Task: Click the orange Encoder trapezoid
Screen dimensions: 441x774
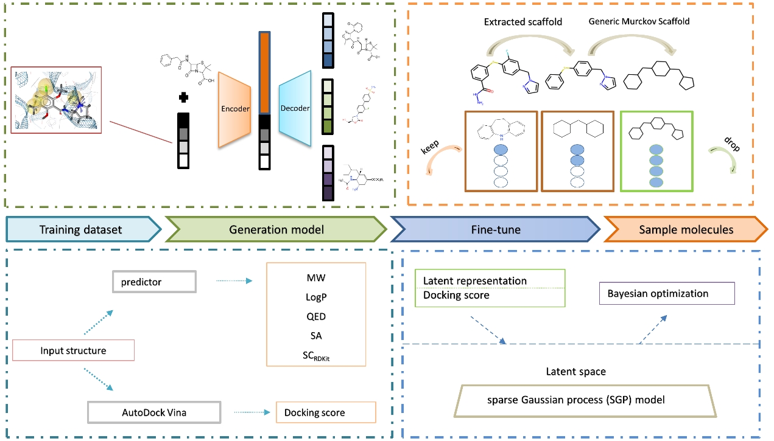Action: [x=234, y=109]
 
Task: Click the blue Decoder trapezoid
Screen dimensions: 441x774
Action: [x=295, y=109]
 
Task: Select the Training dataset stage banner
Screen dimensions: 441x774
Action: [x=81, y=229]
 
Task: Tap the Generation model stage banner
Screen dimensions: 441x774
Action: [x=276, y=229]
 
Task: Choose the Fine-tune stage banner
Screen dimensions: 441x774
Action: [x=494, y=229]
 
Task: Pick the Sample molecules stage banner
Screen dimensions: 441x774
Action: [x=686, y=229]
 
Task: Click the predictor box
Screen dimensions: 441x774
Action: [x=155, y=282]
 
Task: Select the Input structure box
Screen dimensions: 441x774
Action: [x=73, y=350]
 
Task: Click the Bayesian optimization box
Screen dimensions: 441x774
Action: [x=667, y=293]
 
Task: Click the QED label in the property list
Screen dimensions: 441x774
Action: [x=316, y=316]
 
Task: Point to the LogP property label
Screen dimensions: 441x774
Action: [x=316, y=297]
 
